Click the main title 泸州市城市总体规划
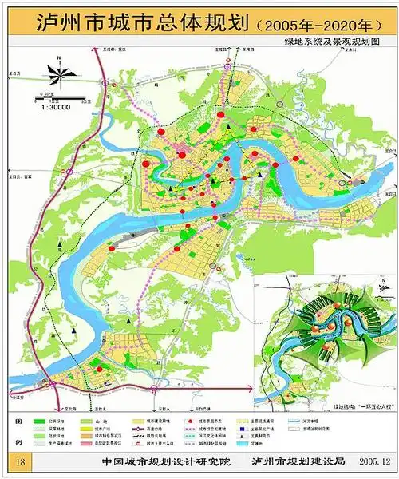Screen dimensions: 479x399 [132, 22]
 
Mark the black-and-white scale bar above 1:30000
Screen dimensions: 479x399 [49, 99]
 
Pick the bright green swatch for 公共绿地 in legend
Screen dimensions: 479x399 [39, 419]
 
